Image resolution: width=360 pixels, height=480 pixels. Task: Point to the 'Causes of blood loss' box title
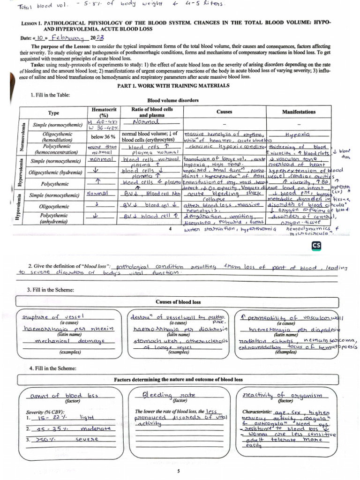coord(178,302)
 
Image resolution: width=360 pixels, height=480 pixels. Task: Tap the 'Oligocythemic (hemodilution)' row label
coord(54,137)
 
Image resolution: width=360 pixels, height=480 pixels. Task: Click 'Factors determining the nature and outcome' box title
coord(179,379)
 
